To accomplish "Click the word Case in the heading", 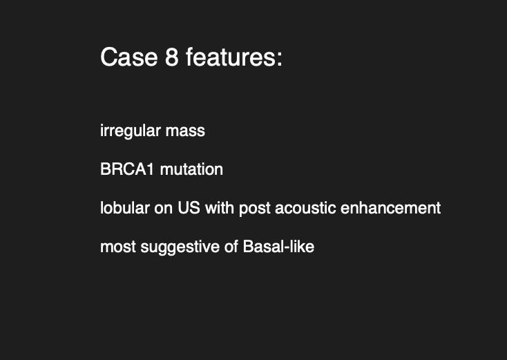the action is [x=129, y=57].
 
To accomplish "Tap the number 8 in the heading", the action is [x=172, y=57].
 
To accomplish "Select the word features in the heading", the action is [x=230, y=57].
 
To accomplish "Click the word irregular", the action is [x=131, y=131].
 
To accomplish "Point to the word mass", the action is [x=185, y=131].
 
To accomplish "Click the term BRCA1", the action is [x=127, y=169].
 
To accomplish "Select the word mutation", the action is [x=191, y=169].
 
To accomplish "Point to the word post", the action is [x=255, y=209].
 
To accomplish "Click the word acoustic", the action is [x=305, y=208].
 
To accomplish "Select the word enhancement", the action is [x=390, y=208].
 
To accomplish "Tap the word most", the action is [x=118, y=247].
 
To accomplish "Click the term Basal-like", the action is [x=278, y=246].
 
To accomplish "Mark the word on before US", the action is [x=164, y=209].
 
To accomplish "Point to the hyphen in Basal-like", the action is [x=286, y=249].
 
